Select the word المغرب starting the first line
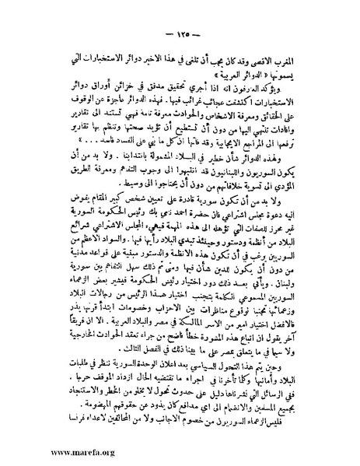[x=306, y=58]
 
